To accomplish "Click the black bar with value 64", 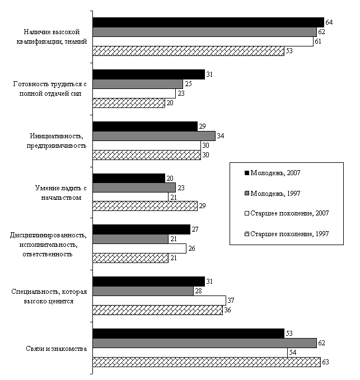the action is tap(208, 22).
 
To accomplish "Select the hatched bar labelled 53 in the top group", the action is tap(188, 51).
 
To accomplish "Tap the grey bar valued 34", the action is tap(154, 136).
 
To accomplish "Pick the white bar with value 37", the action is tap(159, 301).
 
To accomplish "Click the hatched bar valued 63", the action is tap(207, 362).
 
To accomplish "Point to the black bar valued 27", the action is tap(141, 229).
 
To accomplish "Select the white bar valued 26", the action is tap(139, 248).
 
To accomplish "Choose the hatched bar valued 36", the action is tap(157, 310).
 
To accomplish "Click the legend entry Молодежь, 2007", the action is tap(273, 173).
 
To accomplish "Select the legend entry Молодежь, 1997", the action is tap(273, 194).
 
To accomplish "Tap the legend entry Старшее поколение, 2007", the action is tap(287, 213).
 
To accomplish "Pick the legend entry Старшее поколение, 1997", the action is tap(287, 234).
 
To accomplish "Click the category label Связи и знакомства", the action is tap(56, 349).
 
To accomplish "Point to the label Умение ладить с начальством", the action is tap(61, 193).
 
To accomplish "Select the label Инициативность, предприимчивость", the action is tap(57, 141).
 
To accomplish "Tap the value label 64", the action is tap(329, 22).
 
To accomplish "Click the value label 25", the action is tap(188, 84).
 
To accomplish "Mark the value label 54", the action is tap(293, 353).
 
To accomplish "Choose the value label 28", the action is tap(198, 291).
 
